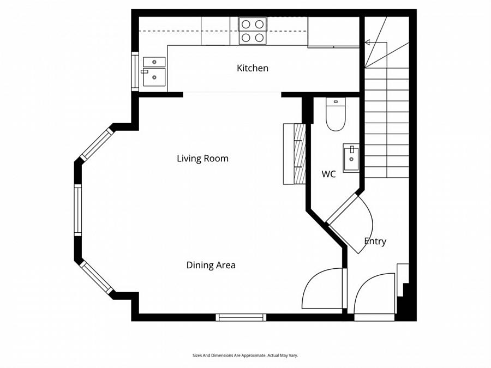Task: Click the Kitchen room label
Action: tap(252, 68)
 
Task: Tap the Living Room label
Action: tap(202, 159)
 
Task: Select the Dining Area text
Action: tap(211, 266)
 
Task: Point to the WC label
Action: tap(328, 174)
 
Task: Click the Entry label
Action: tap(375, 242)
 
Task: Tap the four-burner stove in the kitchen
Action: tap(253, 31)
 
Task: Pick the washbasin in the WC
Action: tap(351, 158)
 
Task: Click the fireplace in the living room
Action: tap(295, 154)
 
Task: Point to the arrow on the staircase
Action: tap(368, 42)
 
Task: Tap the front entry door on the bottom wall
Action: tap(374, 297)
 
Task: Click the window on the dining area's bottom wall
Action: tap(241, 317)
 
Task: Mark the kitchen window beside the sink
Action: tap(135, 71)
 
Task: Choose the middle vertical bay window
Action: tap(78, 210)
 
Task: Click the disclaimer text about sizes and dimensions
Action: tap(245, 355)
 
